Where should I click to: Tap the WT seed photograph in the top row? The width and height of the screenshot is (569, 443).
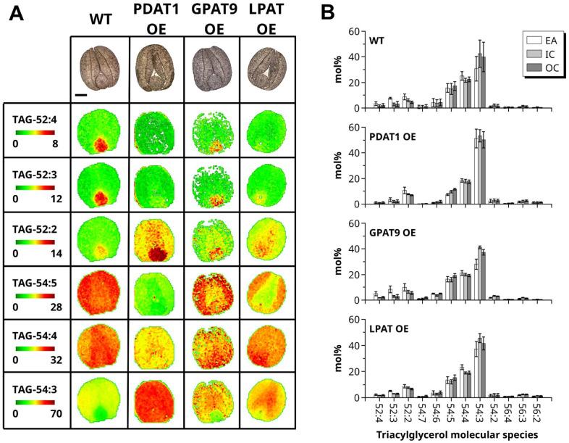pyautogui.click(x=99, y=67)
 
